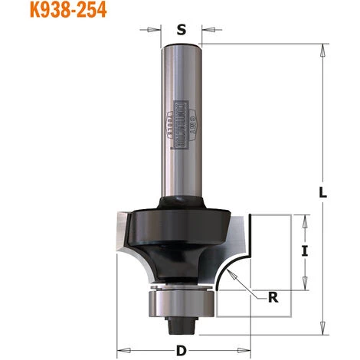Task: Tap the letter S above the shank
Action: [x=181, y=31]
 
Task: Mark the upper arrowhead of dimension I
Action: [x=305, y=219]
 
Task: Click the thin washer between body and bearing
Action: [x=181, y=288]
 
